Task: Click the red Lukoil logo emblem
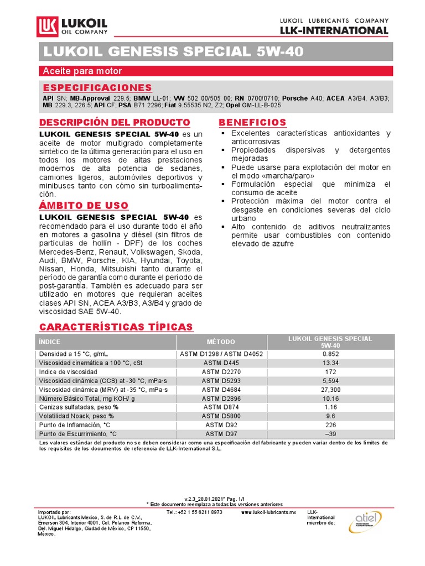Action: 46,27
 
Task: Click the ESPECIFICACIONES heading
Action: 97,88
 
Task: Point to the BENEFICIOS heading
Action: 252,122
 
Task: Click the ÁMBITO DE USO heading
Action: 83,206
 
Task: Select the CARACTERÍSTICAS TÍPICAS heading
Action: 116,327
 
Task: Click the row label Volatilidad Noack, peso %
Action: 76,416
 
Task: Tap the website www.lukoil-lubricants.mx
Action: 269,513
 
